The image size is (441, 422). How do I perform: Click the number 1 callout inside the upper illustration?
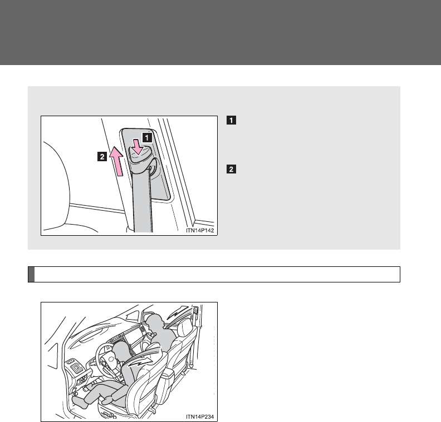(147, 137)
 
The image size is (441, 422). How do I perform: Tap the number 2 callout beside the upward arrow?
(102, 156)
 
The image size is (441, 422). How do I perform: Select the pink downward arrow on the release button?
(138, 147)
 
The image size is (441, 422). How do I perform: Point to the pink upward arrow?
(117, 161)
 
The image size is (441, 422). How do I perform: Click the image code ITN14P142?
(200, 231)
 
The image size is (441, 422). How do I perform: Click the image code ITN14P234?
(200, 416)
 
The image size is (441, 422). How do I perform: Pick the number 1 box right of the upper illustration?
(231, 120)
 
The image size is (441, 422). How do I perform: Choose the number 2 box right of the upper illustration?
(231, 169)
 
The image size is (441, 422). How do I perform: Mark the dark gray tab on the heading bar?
(31, 274)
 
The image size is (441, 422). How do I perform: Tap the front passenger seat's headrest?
(185, 327)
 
